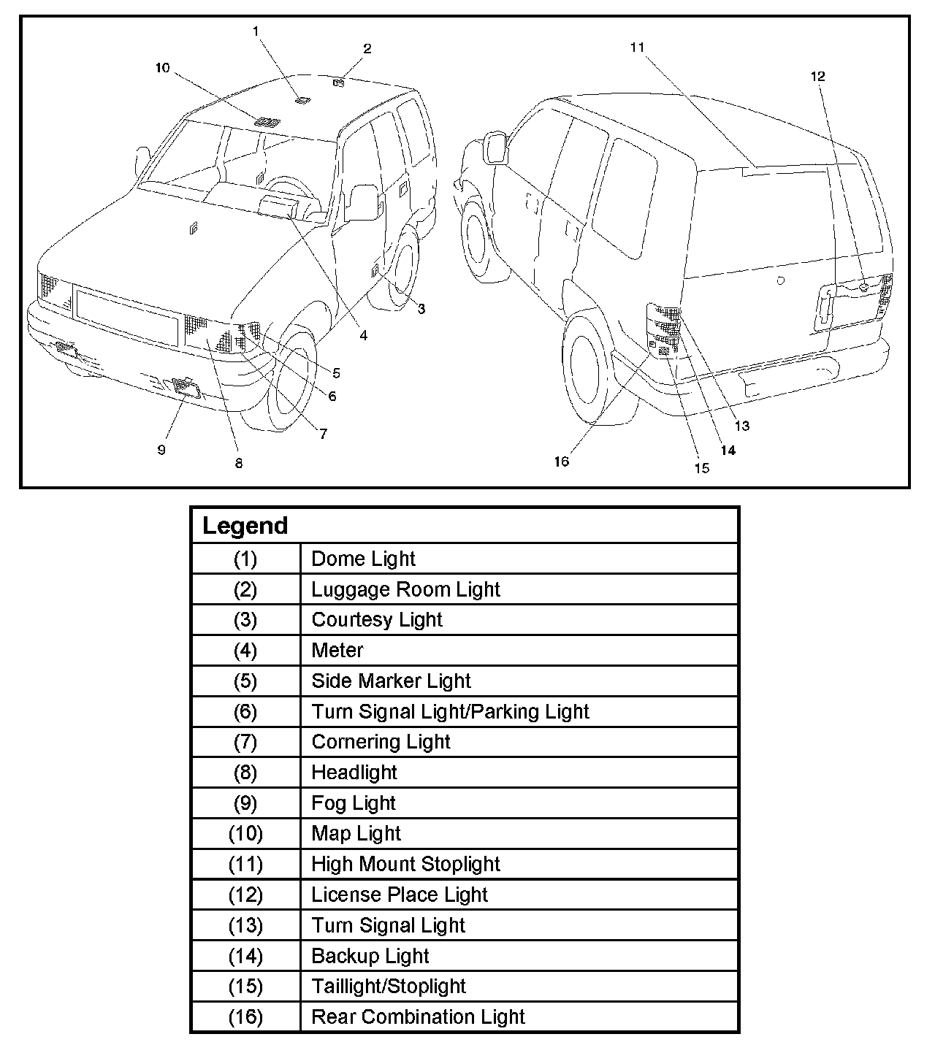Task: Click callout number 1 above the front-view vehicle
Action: point(256,31)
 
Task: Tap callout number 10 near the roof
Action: point(162,68)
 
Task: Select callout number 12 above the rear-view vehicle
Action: point(817,76)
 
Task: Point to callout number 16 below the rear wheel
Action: point(561,462)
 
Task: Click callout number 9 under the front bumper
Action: point(161,450)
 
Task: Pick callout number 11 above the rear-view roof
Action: point(637,47)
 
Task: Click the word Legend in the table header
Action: point(245,526)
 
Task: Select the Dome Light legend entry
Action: point(363,559)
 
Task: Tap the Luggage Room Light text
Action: point(405,589)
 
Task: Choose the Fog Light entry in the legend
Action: point(354,803)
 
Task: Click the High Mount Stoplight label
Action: point(405,865)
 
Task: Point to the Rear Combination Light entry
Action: point(418,1017)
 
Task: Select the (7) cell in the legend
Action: point(245,742)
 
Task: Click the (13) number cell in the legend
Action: point(245,926)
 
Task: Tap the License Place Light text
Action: point(400,895)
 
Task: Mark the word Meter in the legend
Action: point(337,651)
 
